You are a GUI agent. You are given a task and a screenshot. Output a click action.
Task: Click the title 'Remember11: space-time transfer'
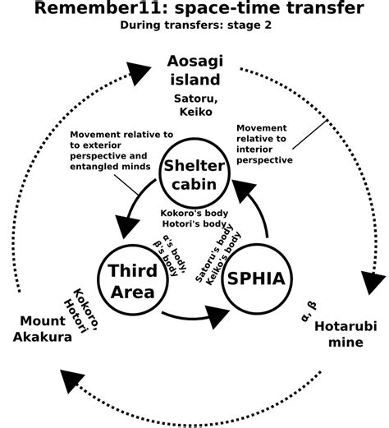click(194, 11)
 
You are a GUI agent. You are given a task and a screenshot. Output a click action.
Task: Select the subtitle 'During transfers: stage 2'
click(194, 26)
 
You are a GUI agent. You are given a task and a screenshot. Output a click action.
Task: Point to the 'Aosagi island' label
click(194, 71)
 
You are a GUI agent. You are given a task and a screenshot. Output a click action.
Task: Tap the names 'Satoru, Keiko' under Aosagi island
click(194, 104)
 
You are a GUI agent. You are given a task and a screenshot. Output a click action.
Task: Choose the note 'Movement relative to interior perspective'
click(263, 144)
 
